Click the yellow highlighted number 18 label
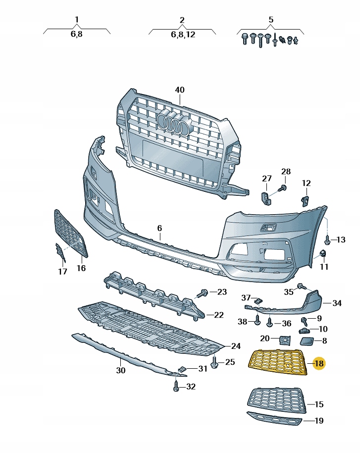click(x=318, y=363)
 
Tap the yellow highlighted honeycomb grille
click(x=278, y=362)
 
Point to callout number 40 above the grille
click(x=180, y=90)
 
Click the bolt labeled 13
click(x=328, y=239)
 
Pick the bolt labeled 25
click(x=215, y=362)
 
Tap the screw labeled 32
click(x=176, y=386)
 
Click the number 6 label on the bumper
click(x=159, y=228)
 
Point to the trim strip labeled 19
click(x=274, y=419)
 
